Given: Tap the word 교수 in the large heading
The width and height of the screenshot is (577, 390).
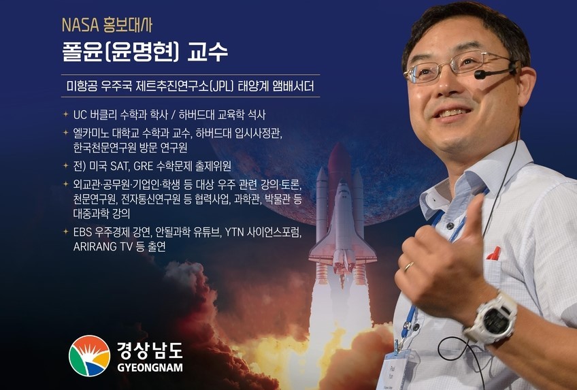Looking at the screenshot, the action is (208, 52).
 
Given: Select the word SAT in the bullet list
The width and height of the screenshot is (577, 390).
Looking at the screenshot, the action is (119, 166).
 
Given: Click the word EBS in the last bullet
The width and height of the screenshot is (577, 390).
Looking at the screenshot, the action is (82, 232).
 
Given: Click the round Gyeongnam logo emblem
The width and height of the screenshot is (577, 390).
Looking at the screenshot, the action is (89, 356).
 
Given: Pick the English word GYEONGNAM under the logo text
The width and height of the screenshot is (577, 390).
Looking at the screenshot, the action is (150, 367).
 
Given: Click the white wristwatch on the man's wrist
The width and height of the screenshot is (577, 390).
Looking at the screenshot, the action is (492, 318).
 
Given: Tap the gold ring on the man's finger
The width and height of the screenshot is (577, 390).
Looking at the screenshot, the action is (408, 266).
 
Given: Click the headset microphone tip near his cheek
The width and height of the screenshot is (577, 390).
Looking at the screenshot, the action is (480, 75).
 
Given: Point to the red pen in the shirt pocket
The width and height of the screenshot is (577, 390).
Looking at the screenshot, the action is (494, 253).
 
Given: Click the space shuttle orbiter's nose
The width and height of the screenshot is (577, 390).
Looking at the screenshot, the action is (343, 185).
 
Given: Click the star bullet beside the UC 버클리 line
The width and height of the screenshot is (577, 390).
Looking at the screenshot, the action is (66, 114).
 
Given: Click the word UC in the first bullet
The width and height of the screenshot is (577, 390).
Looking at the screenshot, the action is (80, 115).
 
